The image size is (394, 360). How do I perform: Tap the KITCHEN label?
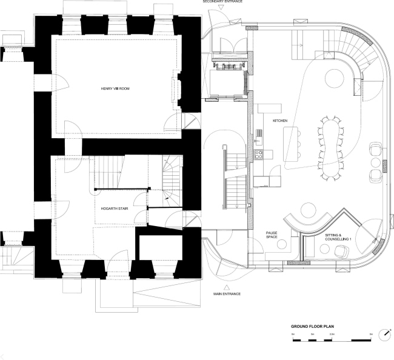coord(279,122)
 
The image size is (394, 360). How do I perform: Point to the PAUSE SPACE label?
coord(272,235)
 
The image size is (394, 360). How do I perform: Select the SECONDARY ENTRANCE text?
coord(222,2)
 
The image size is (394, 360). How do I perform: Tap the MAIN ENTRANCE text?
coord(226,294)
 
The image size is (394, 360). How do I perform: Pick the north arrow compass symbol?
coord(386,334)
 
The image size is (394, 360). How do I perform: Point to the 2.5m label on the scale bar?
coord(331,334)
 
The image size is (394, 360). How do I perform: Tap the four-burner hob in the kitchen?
coord(258,154)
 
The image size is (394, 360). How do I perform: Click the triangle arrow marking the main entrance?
coord(226,287)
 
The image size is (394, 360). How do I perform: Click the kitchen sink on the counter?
coord(258,133)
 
